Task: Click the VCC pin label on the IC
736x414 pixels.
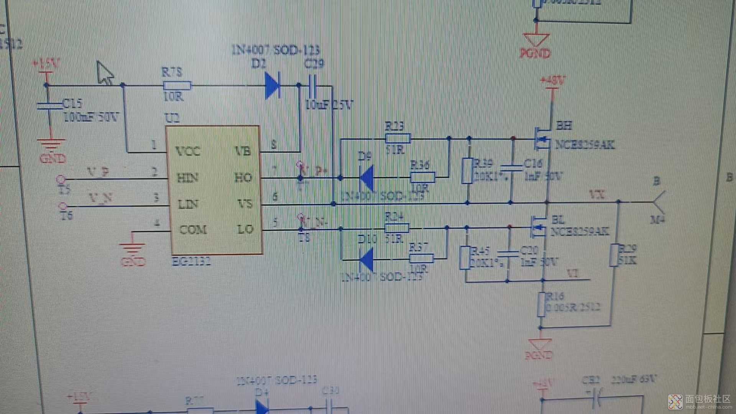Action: coord(188,151)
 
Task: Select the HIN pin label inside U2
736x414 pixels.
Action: coord(187,178)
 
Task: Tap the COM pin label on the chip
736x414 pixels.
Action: coord(193,230)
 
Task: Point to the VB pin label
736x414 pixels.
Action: coord(243,151)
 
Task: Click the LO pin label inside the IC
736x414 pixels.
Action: coord(245,229)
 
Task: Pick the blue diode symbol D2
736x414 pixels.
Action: coord(273,85)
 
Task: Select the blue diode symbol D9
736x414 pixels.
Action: coord(367,178)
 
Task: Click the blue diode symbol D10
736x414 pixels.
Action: coord(367,260)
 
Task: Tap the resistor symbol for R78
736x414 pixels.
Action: coord(177,85)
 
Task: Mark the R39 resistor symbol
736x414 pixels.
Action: coord(467,171)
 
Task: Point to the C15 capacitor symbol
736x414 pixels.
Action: coord(50,105)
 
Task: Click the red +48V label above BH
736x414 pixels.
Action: coord(552,81)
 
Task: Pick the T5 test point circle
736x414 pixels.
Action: coord(61,179)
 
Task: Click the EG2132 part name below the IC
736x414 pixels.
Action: coord(191,262)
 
